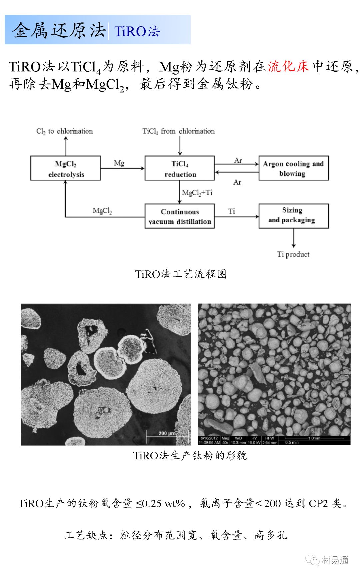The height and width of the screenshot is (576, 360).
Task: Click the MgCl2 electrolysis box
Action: (65, 168)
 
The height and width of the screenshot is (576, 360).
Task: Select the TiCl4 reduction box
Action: (180, 168)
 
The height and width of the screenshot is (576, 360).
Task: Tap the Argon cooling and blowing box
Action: (293, 168)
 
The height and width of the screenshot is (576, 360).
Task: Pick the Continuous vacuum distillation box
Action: (180, 216)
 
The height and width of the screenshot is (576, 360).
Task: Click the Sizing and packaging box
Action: (293, 215)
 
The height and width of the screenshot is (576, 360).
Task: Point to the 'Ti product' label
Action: (293, 254)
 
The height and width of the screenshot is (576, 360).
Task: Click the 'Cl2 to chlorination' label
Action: (65, 131)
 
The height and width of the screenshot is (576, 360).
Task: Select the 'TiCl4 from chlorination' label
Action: (179, 131)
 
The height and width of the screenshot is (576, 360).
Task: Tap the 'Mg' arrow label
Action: (119, 163)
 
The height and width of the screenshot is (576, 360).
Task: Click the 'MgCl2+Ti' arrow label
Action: (197, 193)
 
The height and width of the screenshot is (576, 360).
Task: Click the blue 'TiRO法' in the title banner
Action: (137, 31)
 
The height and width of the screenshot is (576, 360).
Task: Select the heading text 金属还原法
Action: (59, 30)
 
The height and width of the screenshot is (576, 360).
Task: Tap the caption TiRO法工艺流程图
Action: (181, 274)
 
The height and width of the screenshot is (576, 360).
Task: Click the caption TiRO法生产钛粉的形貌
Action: (190, 455)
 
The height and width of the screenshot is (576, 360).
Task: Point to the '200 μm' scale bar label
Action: (167, 433)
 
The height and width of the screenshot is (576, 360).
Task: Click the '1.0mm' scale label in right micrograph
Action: (314, 438)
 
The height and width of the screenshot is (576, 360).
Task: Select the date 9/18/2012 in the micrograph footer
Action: (209, 438)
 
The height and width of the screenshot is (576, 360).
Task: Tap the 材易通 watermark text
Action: (335, 560)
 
